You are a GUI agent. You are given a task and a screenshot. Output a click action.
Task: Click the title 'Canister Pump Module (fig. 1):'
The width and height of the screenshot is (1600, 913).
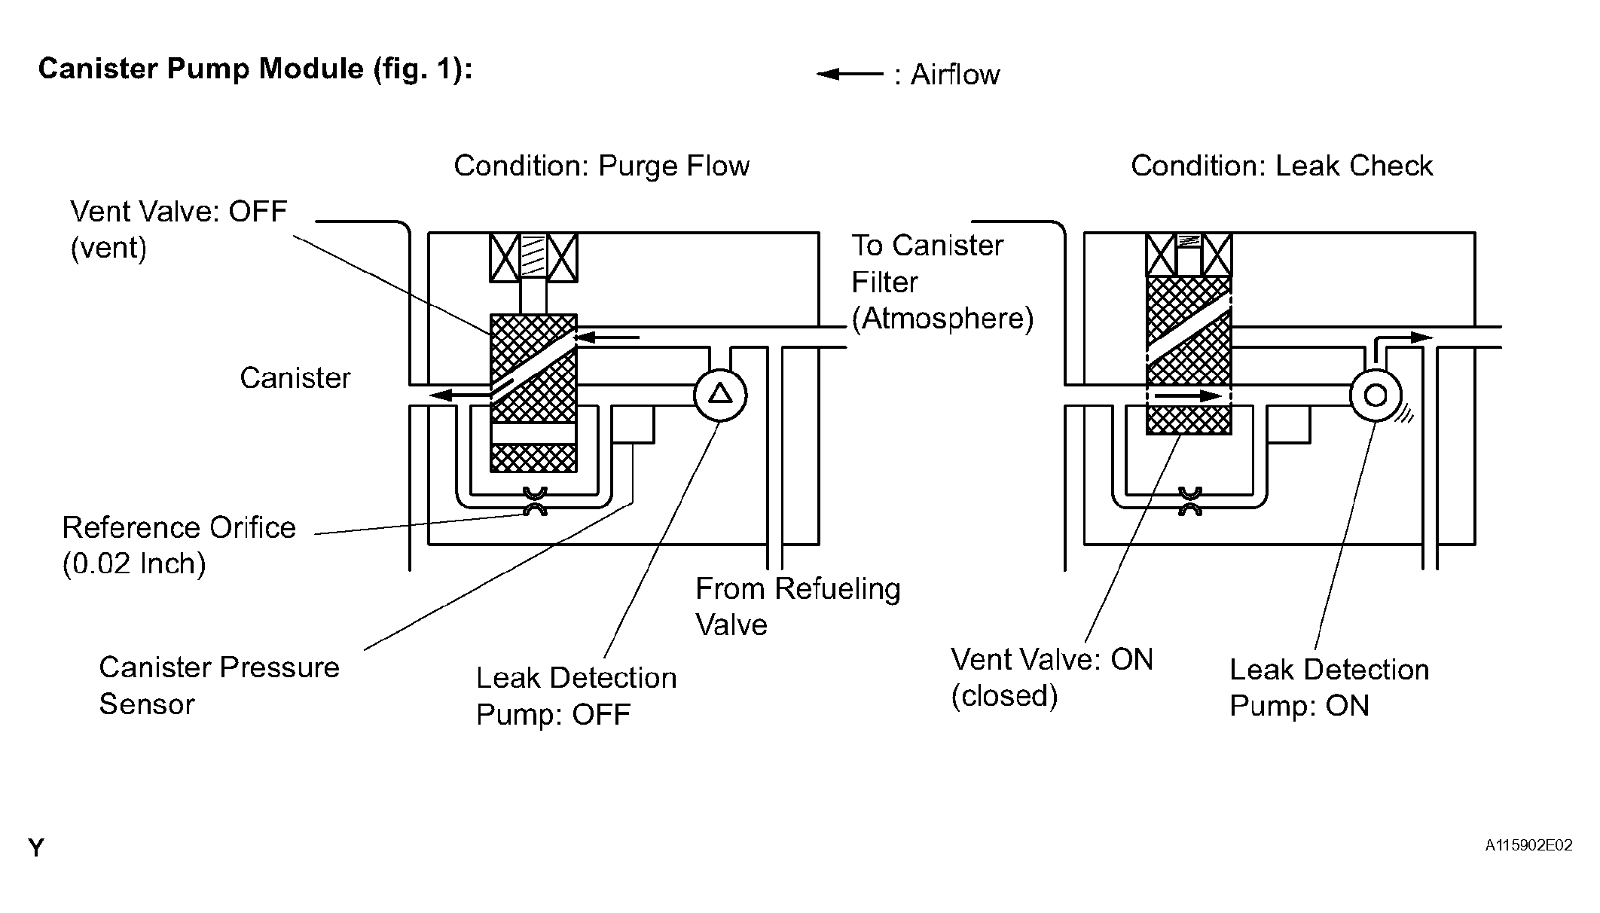(255, 69)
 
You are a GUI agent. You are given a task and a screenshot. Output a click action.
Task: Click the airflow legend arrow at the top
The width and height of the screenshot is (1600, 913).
(850, 74)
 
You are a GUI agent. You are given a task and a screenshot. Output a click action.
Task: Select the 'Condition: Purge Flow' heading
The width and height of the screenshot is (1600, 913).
(601, 166)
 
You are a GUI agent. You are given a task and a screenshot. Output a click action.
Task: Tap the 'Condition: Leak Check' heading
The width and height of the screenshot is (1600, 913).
(1281, 166)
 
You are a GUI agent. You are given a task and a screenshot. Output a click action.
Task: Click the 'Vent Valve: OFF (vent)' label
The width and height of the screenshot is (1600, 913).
(179, 230)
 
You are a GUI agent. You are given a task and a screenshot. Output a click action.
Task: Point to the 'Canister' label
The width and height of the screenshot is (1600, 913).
(295, 378)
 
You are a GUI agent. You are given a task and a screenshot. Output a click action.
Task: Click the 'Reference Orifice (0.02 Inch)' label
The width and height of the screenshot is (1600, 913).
(179, 545)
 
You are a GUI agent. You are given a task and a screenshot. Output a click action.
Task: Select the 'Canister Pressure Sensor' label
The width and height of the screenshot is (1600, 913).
(219, 686)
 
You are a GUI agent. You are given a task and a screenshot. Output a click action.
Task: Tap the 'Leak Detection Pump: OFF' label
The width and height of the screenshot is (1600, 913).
(576, 696)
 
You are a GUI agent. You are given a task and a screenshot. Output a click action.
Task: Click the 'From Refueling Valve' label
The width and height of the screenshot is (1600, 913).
(798, 606)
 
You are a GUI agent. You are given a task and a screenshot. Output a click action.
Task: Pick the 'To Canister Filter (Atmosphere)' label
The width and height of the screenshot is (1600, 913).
(942, 282)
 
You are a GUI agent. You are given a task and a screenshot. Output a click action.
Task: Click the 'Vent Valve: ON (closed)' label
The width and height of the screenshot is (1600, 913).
(1052, 677)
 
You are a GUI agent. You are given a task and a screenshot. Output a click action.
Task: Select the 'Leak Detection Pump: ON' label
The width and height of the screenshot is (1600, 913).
(1330, 687)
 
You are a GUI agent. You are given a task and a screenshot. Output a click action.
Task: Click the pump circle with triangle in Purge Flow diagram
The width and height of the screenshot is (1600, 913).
(720, 395)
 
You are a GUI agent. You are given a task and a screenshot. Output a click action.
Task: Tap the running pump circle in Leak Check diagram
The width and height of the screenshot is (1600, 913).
(1376, 395)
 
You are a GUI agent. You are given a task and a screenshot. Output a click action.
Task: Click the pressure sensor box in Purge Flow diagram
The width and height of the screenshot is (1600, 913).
(633, 424)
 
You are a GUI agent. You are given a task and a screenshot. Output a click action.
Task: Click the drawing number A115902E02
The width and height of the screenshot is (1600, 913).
(1528, 845)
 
